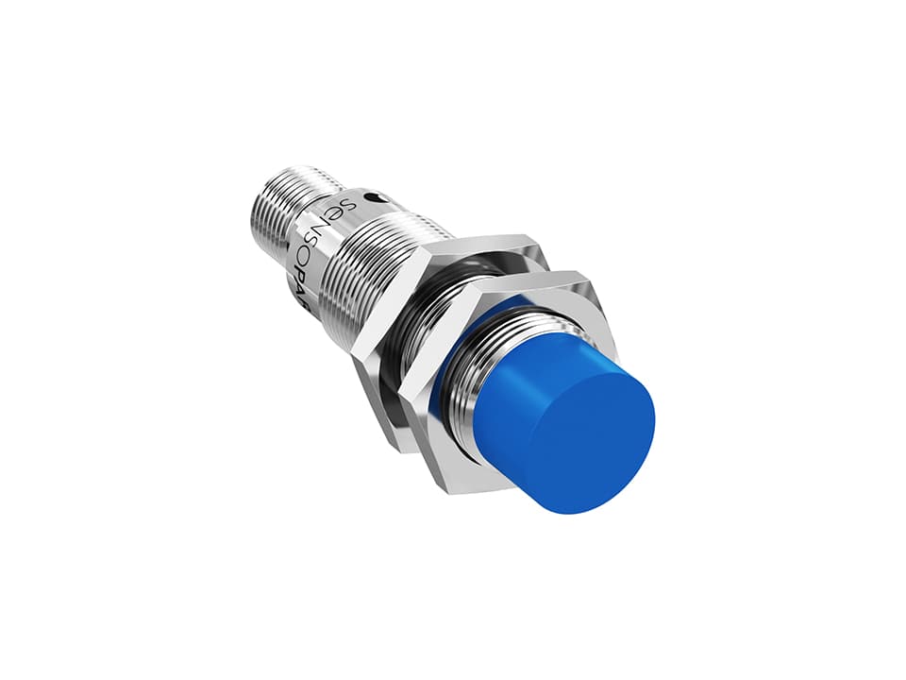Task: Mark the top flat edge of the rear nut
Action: click(491, 236)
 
